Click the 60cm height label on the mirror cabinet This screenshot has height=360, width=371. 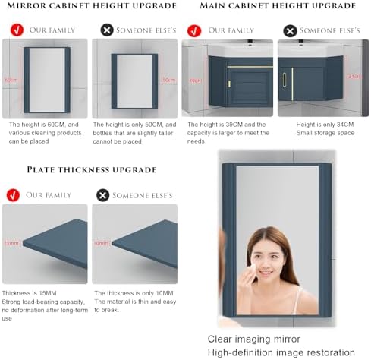pyautogui.click(x=11, y=80)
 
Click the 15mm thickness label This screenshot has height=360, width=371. pyautogui.click(x=11, y=243)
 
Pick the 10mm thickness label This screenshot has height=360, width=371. pyautogui.click(x=100, y=243)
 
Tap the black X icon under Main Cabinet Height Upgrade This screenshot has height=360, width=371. pyautogui.click(x=290, y=31)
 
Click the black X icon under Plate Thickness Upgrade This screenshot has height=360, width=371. pyautogui.click(x=103, y=195)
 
